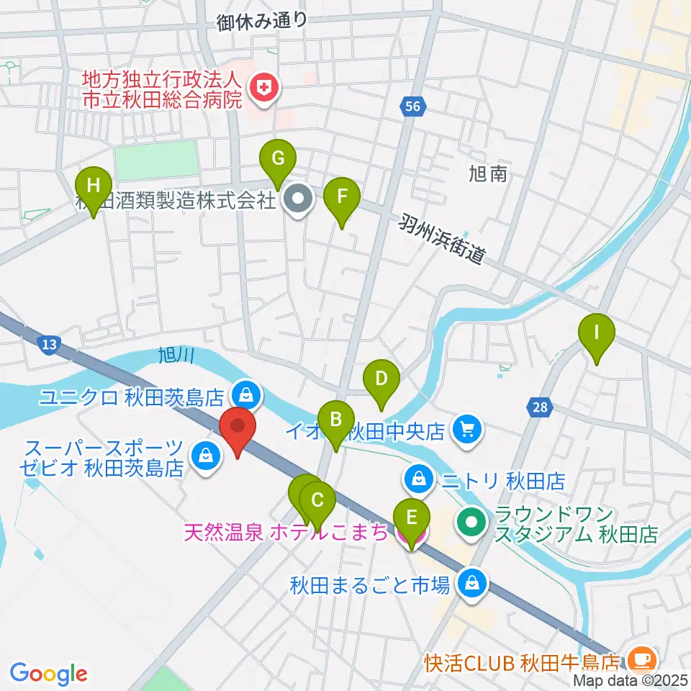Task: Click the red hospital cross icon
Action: point(263,89)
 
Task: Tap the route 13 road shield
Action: point(48,345)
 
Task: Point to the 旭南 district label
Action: point(487,174)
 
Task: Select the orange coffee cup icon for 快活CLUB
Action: point(639,659)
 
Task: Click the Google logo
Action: point(48,673)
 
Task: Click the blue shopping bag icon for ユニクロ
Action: point(246,394)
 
